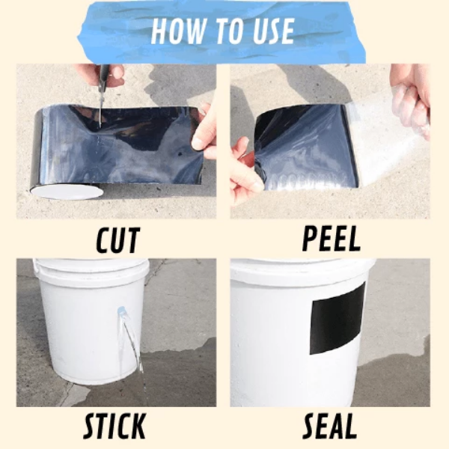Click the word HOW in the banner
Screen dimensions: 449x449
(x=178, y=31)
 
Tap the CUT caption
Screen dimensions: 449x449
(x=118, y=240)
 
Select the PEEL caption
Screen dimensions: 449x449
(x=332, y=239)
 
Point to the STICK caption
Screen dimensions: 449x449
(x=114, y=426)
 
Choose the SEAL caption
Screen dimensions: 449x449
(x=329, y=426)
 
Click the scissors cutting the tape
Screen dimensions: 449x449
(x=102, y=94)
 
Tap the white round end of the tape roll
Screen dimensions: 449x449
(x=67, y=192)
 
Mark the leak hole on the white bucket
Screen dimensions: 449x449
(x=120, y=309)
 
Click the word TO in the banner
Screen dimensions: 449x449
(x=227, y=31)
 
